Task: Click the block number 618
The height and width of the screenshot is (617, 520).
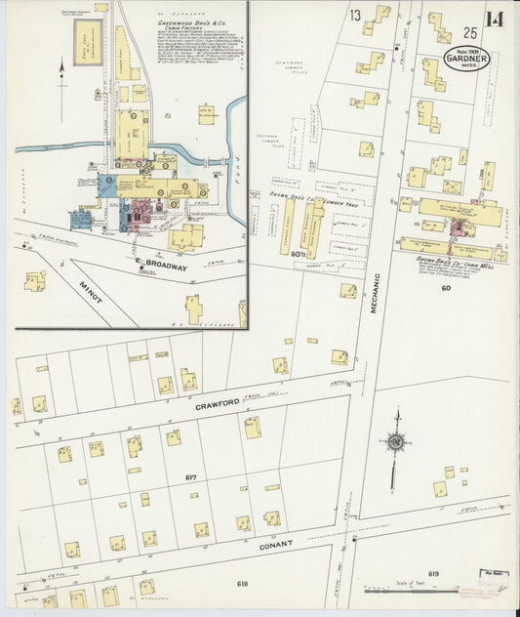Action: click(x=243, y=584)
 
